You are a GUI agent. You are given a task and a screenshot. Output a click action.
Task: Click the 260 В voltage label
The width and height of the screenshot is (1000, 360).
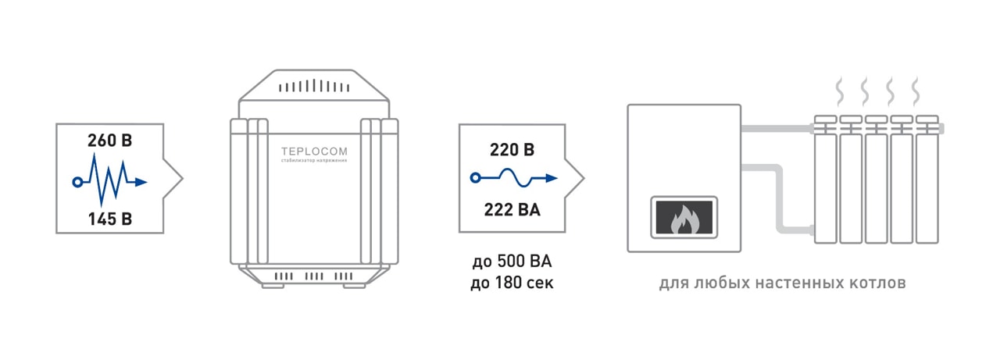[109, 142]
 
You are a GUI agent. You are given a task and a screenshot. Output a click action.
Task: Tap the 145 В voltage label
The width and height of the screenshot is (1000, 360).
[109, 219]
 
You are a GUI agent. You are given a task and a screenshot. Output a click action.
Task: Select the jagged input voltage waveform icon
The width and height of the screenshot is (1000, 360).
[109, 181]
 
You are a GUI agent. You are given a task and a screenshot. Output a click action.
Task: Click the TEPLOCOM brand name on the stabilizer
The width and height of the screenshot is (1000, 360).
[314, 151]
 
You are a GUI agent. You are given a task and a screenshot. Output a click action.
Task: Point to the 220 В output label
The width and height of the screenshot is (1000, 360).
[512, 150]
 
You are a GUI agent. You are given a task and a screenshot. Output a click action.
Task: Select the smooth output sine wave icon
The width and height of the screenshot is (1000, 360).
[515, 178]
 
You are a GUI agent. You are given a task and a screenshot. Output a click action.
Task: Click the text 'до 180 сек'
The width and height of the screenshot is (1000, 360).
[512, 283]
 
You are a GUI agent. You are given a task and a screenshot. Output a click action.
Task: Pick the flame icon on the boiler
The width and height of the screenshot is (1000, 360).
[683, 219]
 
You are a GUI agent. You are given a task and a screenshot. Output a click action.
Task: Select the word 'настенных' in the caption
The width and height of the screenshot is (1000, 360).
[790, 283]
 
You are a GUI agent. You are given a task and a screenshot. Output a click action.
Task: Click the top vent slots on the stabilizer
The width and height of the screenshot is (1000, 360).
[313, 87]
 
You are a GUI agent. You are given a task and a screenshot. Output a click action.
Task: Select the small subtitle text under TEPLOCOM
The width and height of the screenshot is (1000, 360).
[314, 161]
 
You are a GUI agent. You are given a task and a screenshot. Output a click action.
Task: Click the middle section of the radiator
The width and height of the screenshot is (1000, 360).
[877, 184]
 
